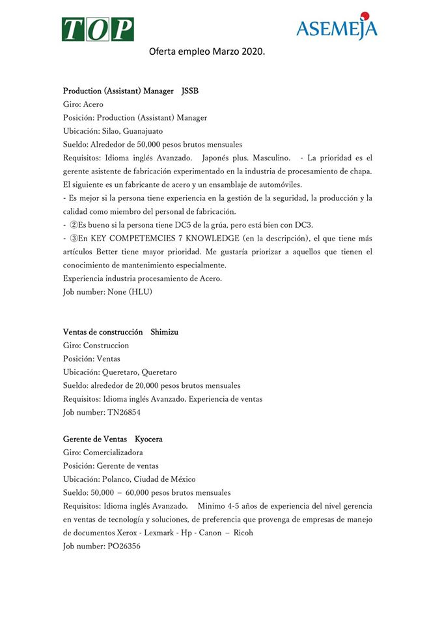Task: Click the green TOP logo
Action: (98, 29)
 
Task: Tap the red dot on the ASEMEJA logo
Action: (365, 15)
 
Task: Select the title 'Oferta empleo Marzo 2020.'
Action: (207, 51)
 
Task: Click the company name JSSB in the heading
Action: (190, 91)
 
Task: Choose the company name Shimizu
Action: (169, 332)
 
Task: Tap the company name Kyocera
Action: (148, 439)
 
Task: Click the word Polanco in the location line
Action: (119, 479)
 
